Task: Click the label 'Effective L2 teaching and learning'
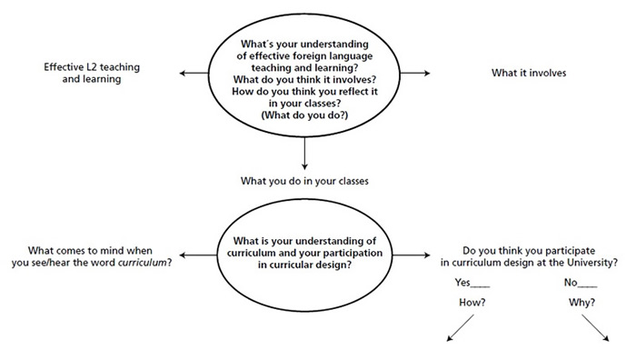pos(82,73)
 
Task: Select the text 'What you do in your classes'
pos(303,180)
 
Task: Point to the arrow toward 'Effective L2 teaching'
pos(194,73)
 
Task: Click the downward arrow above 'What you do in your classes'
pos(303,154)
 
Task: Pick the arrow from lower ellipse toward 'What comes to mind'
pos(194,255)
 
